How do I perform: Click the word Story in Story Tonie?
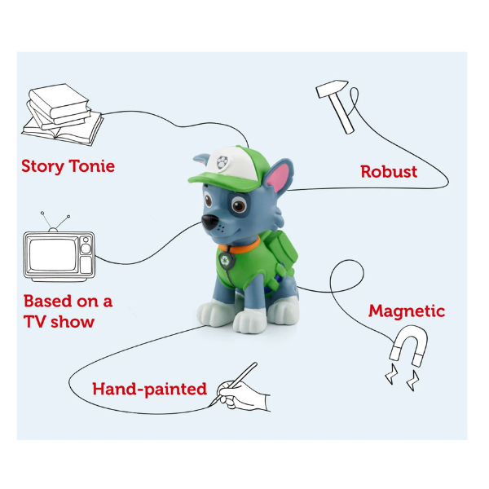click(x=42, y=166)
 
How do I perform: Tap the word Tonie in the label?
click(x=91, y=166)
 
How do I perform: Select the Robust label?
click(x=389, y=171)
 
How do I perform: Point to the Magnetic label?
click(x=407, y=311)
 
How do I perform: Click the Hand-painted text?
click(x=150, y=390)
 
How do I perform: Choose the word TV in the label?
click(x=35, y=322)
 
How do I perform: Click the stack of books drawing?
click(x=63, y=114)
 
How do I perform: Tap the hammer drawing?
click(x=336, y=106)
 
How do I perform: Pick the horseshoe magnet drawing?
click(x=409, y=345)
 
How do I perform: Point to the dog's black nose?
click(x=209, y=222)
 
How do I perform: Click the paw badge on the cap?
click(x=222, y=162)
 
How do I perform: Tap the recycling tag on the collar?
click(x=225, y=260)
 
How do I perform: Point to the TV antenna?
click(x=55, y=222)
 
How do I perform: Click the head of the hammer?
click(x=332, y=88)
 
